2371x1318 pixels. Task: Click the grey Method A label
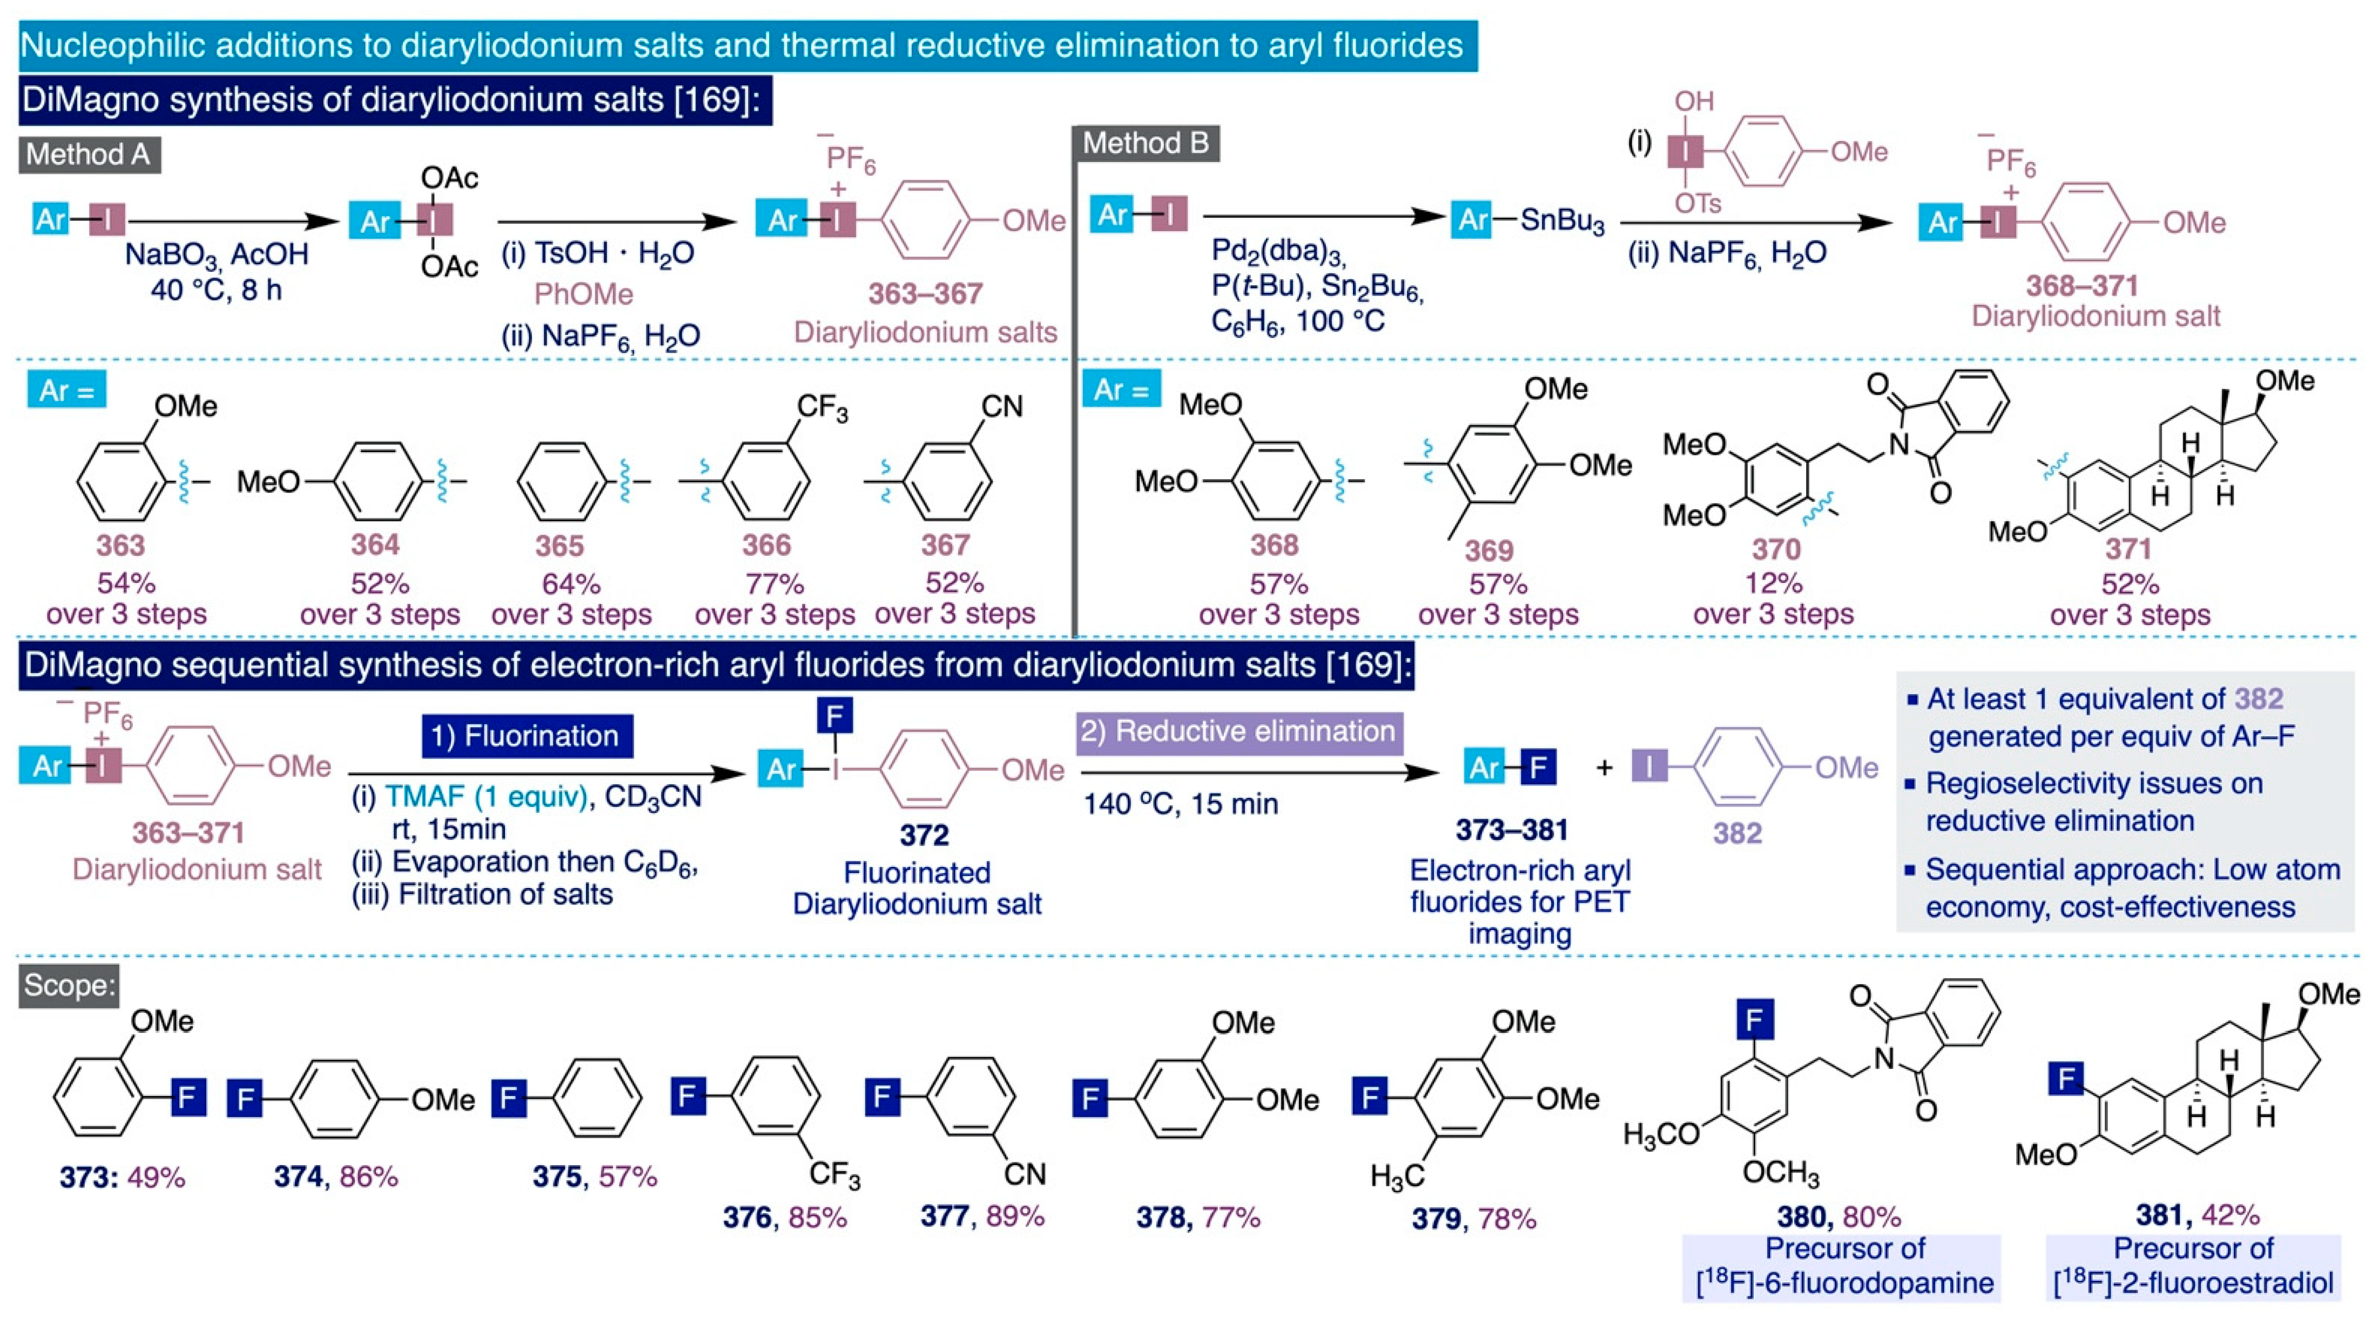point(89,154)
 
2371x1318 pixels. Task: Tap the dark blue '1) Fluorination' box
point(528,736)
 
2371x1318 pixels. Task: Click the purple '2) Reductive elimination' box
point(1239,732)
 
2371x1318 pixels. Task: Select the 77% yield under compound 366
point(774,583)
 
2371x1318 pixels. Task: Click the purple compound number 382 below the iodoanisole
point(1737,833)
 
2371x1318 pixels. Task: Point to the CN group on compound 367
point(1001,406)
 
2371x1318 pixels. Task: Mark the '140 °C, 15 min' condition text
point(1181,804)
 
